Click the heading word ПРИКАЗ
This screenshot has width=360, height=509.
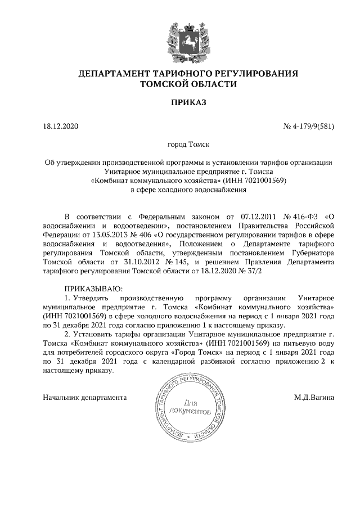[x=180, y=103]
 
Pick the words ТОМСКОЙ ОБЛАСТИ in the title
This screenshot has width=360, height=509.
[x=180, y=84]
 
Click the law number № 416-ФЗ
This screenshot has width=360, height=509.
[x=305, y=216]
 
